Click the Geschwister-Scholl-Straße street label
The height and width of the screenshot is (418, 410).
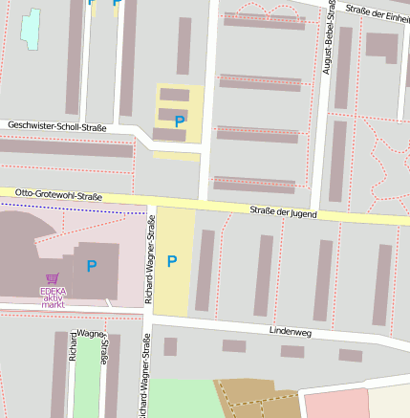coord(56,126)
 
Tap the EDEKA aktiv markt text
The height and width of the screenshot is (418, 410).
coord(53,297)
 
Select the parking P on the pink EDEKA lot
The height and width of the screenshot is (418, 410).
coord(92,266)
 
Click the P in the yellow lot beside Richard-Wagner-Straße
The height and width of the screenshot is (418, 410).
coord(172,261)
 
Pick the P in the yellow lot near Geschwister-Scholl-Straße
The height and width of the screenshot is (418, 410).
coord(179,121)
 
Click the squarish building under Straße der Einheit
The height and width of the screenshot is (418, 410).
coord(382,45)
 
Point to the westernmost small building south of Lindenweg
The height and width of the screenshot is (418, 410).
coord(170,346)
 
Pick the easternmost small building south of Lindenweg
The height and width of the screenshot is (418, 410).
coord(351,355)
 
